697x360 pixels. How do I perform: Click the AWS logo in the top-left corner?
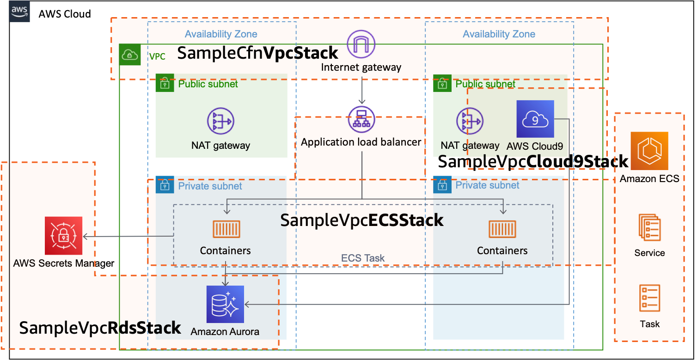click(19, 11)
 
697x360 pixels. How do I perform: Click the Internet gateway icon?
click(361, 44)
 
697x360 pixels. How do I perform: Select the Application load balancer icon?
click(361, 120)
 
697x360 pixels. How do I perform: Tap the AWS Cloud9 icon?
click(535, 119)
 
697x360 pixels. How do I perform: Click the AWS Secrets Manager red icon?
click(63, 236)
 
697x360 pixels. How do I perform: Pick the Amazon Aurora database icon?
click(225, 304)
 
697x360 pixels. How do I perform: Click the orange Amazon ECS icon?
click(649, 151)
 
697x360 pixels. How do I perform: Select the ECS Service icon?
click(649, 227)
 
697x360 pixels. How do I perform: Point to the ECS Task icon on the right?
click(650, 298)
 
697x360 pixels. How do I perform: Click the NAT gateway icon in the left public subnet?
click(220, 121)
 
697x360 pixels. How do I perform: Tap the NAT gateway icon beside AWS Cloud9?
click(470, 121)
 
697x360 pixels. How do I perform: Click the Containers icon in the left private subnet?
click(226, 229)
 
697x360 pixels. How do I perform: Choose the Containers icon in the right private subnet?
click(502, 229)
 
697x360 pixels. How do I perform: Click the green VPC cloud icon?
click(130, 55)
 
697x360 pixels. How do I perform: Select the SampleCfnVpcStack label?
click(257, 53)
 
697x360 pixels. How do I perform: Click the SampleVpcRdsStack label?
click(100, 328)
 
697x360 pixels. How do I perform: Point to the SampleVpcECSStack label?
click(361, 220)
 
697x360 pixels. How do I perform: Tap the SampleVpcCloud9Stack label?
click(533, 161)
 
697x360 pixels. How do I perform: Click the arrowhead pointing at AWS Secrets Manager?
click(85, 237)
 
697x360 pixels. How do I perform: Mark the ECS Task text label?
click(363, 258)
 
